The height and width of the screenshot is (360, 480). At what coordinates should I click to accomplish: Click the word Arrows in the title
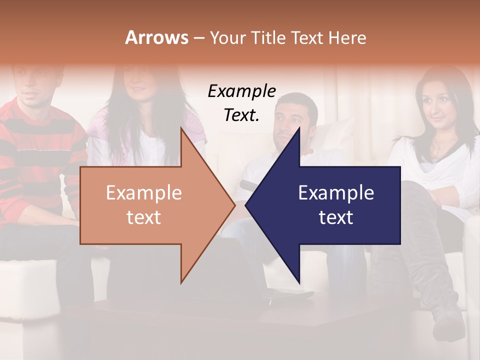pyautogui.click(x=156, y=37)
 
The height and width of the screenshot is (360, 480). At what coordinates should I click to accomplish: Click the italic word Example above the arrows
pyautogui.click(x=241, y=91)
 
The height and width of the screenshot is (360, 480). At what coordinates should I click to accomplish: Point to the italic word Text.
pyautogui.click(x=241, y=115)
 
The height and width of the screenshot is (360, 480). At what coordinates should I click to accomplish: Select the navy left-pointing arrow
pyautogui.click(x=330, y=205)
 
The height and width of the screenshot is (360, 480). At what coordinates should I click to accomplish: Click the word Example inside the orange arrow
pyautogui.click(x=143, y=193)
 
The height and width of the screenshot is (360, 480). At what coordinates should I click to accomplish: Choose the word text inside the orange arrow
pyautogui.click(x=143, y=217)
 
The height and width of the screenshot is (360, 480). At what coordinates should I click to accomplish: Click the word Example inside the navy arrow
pyautogui.click(x=336, y=193)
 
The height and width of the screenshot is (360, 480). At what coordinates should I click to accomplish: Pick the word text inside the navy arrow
pyautogui.click(x=336, y=217)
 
